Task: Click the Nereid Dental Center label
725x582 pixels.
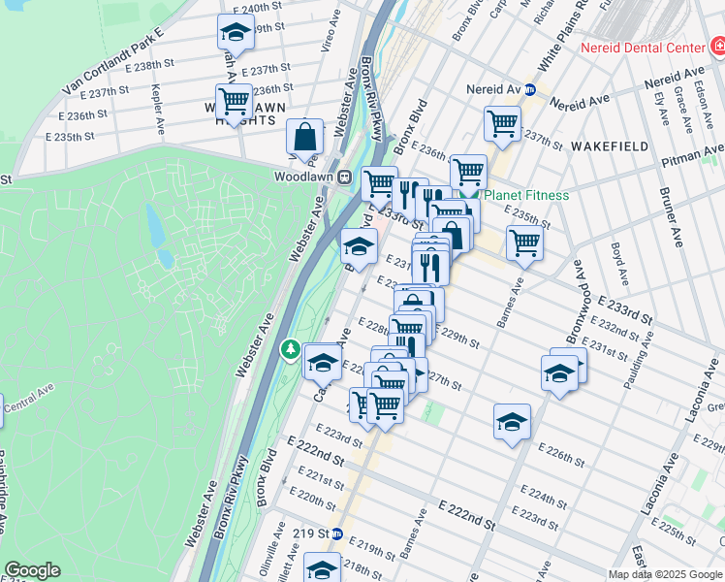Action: (643, 48)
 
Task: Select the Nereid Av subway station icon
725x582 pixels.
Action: (530, 90)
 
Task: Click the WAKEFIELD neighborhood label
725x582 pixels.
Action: (609, 145)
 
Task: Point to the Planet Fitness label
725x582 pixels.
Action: (525, 195)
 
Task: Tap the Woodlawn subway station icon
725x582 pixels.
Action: (343, 178)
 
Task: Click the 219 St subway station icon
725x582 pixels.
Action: (336, 533)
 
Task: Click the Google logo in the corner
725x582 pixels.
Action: (32, 570)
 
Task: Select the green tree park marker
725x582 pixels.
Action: (288, 348)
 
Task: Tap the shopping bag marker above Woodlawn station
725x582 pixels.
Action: (304, 138)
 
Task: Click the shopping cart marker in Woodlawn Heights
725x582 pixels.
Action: (234, 99)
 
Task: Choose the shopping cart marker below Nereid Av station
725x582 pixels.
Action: (501, 122)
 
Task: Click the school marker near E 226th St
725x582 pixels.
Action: (512, 421)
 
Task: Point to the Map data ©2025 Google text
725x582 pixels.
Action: (664, 574)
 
